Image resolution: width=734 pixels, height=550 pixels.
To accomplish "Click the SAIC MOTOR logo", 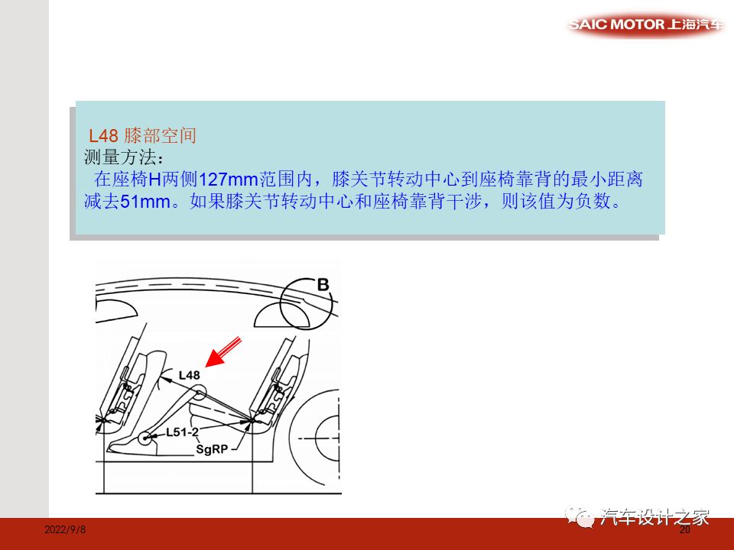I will click(645, 25).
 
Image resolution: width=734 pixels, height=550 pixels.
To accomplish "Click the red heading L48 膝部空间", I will click(142, 136).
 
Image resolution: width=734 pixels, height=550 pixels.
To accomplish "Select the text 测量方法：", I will click(122, 158).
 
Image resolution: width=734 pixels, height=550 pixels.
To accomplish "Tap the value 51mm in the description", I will click(145, 203).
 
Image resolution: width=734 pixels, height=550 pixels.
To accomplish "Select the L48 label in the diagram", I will click(189, 375).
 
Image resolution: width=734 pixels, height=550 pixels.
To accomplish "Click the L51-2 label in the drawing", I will click(182, 433).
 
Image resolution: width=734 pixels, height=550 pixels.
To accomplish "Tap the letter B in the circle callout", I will click(323, 285).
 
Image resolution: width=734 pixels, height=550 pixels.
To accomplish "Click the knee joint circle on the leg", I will click(199, 394).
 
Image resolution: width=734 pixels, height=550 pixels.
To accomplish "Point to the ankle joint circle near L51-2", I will click(145, 438).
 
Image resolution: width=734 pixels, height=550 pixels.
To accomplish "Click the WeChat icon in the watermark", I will click(583, 518).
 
